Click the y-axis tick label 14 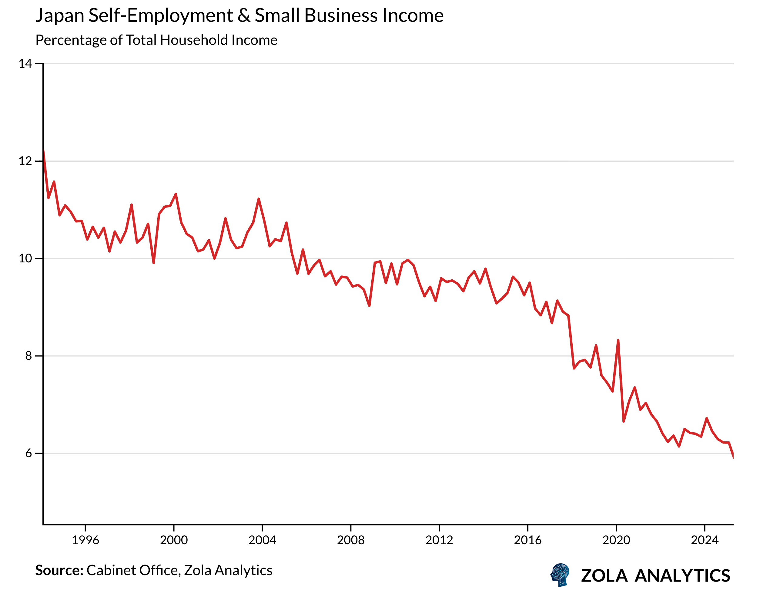tap(25, 64)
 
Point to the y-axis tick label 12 tap(25, 161)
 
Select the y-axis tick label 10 tap(25, 259)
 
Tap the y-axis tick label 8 tap(28, 356)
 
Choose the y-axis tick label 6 tap(28, 454)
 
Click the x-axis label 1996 tap(85, 540)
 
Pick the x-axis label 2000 tap(174, 540)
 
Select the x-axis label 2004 tap(262, 540)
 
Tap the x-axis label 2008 tap(351, 540)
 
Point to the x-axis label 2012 tap(439, 540)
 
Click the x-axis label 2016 tap(527, 540)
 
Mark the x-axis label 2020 tap(616, 540)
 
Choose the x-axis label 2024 tap(705, 540)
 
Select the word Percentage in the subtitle tap(71, 41)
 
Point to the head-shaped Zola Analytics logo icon tap(560, 575)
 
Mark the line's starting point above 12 tap(43, 150)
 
